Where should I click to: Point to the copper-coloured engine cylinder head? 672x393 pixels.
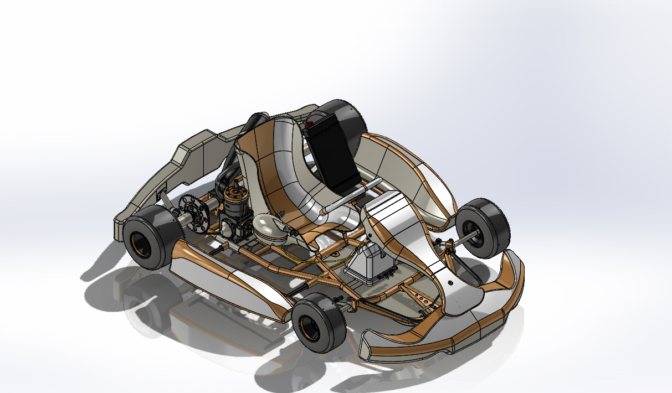237,199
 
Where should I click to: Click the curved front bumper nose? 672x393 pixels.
443,343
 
